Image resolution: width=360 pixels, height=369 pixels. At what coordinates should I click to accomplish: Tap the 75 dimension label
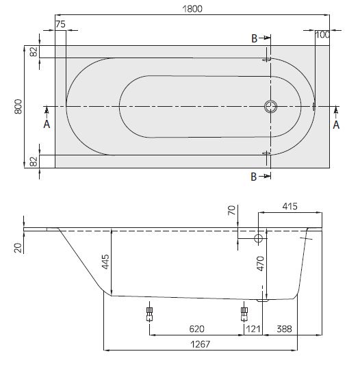click(x=60, y=24)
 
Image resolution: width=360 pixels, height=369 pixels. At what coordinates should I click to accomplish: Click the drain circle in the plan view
click(x=271, y=107)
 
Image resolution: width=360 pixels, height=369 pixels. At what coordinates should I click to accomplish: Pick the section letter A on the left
click(x=46, y=125)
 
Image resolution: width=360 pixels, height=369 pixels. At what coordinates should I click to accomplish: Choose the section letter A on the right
click(x=336, y=125)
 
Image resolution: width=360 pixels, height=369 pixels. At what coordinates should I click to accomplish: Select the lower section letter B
click(x=253, y=177)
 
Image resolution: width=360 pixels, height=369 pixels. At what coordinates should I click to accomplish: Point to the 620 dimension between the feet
click(x=197, y=329)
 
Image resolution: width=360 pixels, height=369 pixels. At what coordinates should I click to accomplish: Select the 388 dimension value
click(x=285, y=329)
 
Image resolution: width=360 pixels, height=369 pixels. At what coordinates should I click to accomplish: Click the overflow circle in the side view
click(x=259, y=239)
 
